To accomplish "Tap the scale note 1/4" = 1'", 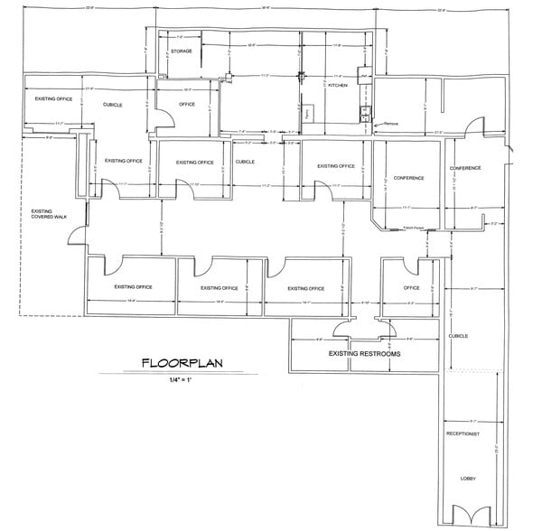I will tap(182, 382).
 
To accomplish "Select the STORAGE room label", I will tap(182, 51).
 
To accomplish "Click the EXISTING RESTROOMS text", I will tap(364, 354).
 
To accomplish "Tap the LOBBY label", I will tap(467, 478).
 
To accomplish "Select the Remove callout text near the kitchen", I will tap(391, 123).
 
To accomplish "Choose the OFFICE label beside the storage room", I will tap(187, 105).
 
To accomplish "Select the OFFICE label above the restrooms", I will tap(411, 288).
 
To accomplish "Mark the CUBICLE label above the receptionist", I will tap(458, 336).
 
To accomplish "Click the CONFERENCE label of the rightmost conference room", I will tap(465, 169).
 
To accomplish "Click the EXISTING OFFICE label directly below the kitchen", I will tap(333, 165).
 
